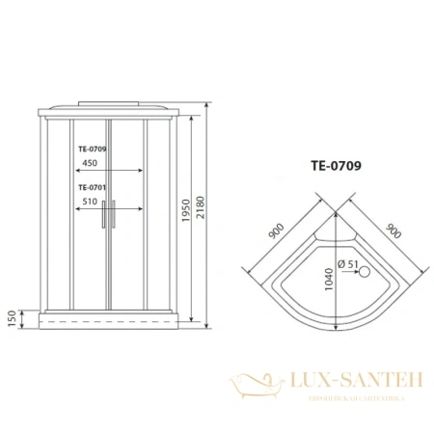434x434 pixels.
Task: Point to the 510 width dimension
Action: pos(90,202)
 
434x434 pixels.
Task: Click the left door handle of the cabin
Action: pos(106,214)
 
